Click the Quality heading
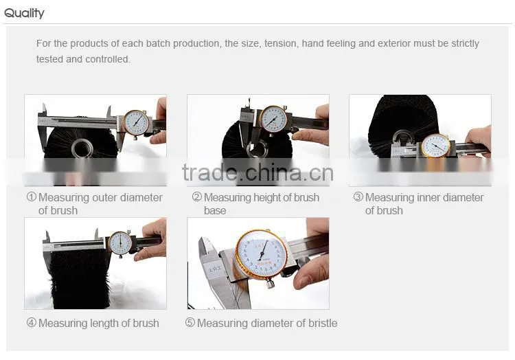[24, 14]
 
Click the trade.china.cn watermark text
[257, 172]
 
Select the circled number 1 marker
[31, 196]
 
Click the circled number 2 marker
[196, 196]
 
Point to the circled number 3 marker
[358, 196]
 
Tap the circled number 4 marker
[31, 322]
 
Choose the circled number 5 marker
[190, 322]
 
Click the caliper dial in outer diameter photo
[136, 123]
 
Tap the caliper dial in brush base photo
[273, 119]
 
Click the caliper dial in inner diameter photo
[436, 146]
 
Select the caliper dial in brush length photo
[121, 243]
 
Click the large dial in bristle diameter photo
[262, 255]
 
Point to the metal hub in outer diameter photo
[82, 148]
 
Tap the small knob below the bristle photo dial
[270, 283]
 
